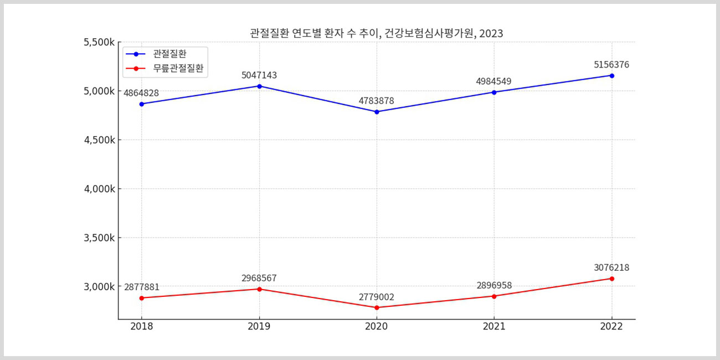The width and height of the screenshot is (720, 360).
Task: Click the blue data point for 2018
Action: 142,104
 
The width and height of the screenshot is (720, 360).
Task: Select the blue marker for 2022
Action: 611,75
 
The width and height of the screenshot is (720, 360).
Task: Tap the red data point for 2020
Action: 377,307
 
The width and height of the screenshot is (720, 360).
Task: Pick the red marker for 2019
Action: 259,289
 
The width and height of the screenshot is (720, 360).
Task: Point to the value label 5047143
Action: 259,75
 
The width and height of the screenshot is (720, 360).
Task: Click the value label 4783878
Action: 377,101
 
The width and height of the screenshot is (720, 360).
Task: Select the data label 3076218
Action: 611,268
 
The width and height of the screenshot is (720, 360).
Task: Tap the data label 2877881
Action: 142,287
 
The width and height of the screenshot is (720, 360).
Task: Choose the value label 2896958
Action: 494,286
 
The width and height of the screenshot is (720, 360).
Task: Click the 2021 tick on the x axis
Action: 494,327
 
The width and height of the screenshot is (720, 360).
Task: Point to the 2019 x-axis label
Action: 259,327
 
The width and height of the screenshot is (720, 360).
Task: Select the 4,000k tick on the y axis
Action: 100,189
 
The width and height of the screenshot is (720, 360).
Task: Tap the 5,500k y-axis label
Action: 100,42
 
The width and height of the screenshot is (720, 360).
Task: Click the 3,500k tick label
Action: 100,238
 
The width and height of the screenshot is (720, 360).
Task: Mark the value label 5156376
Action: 611,65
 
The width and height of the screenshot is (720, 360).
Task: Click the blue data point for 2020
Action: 377,112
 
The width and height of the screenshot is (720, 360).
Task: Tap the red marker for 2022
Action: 611,279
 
